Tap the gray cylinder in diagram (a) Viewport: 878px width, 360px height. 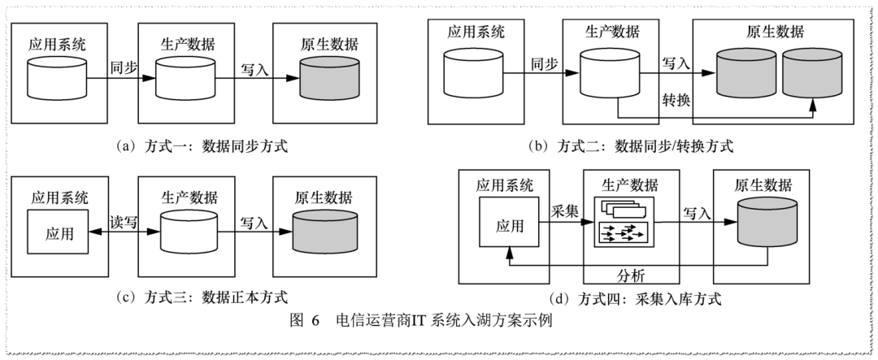[328, 78]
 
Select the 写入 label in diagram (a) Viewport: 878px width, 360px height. [254, 70]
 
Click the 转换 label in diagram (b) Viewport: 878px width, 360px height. [676, 100]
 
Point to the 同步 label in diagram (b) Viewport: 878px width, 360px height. [544, 64]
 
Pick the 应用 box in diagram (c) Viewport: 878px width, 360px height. [59, 232]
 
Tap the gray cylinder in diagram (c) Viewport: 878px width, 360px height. [323, 232]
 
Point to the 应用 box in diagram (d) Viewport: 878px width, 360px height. [509, 225]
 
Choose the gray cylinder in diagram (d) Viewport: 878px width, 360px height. [767, 223]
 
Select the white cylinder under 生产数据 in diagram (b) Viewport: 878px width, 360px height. [609, 72]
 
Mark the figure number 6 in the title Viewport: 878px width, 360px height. [315, 321]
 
